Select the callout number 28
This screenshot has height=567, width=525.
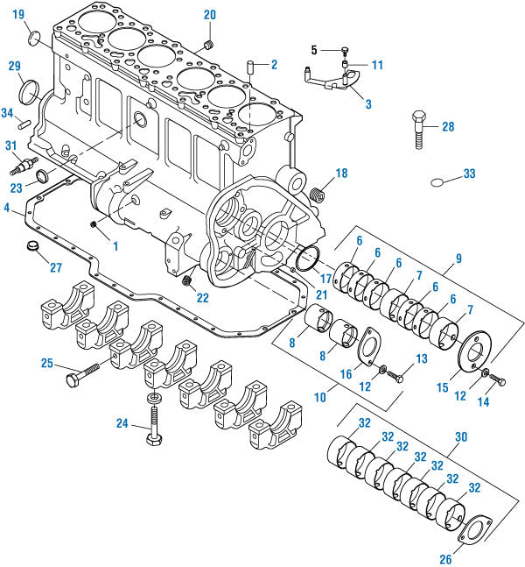pyautogui.click(x=448, y=127)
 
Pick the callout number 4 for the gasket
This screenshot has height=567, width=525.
pyautogui.click(x=7, y=209)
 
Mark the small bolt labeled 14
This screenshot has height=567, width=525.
pyautogui.click(x=497, y=379)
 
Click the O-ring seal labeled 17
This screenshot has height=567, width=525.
pyautogui.click(x=307, y=260)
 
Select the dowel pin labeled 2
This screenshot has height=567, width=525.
pyautogui.click(x=250, y=67)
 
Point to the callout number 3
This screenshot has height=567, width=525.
pyautogui.click(x=368, y=103)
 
